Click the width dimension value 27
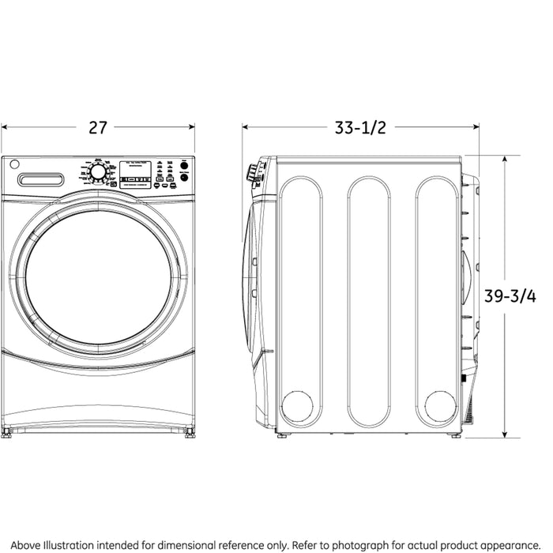(x=97, y=127)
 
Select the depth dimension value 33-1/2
(x=360, y=127)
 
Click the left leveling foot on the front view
(x=7, y=432)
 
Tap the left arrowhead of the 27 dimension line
(x=4, y=126)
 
